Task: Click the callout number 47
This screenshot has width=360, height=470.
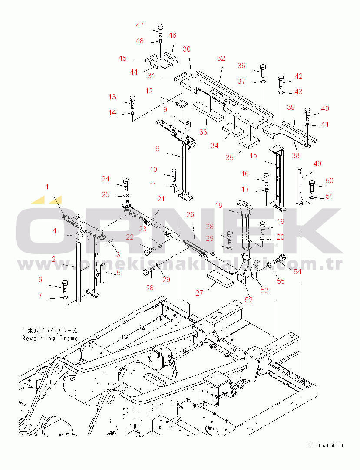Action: click(x=139, y=26)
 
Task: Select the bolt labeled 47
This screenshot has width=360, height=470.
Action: click(x=160, y=30)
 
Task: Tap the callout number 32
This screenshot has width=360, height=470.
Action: click(x=221, y=58)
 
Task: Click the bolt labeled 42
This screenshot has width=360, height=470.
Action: click(x=281, y=81)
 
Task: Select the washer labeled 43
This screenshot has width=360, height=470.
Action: click(x=281, y=92)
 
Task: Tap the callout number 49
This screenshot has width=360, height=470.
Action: click(x=317, y=164)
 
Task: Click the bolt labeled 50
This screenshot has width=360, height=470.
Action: click(x=312, y=186)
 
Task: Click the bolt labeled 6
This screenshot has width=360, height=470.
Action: click(x=65, y=285)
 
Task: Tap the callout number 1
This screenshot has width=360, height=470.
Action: click(x=48, y=187)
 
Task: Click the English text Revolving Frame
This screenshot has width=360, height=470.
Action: click(x=50, y=338)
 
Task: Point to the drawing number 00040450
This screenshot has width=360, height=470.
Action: click(x=326, y=446)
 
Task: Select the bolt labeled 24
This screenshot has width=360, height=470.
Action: click(x=126, y=185)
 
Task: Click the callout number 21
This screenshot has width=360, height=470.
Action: click(x=161, y=199)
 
